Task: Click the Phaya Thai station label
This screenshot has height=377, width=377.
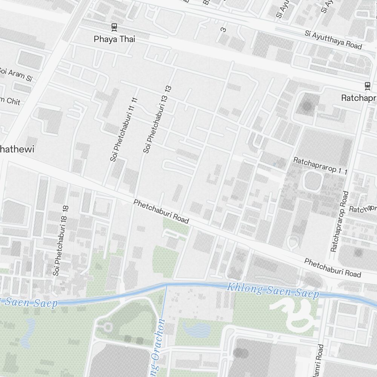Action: tap(114, 39)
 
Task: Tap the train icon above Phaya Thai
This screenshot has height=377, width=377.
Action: tap(114, 27)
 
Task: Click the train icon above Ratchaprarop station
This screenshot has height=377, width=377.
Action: tap(368, 86)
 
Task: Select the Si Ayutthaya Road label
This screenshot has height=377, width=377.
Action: tap(333, 40)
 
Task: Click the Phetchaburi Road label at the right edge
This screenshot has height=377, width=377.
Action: tap(333, 267)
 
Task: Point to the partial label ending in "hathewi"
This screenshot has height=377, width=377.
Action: tap(17, 149)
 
